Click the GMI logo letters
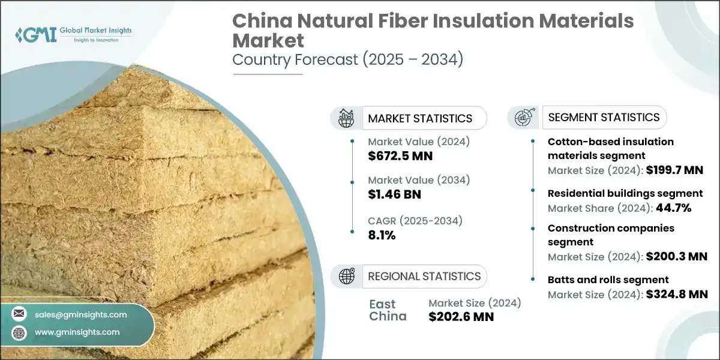[x=38, y=34]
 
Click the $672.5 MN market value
[x=400, y=157]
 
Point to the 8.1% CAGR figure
[x=382, y=235]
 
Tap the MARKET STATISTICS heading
[x=420, y=118]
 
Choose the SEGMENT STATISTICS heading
[x=604, y=117]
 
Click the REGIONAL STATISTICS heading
[x=424, y=276]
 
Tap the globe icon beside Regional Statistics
[x=347, y=276]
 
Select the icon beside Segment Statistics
[x=524, y=117]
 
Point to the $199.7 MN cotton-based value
[x=674, y=170]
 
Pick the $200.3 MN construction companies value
[x=677, y=256]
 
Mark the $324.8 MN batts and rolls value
[x=677, y=294]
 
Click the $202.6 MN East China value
[x=461, y=317]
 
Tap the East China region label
[x=388, y=310]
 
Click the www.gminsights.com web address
[x=77, y=332]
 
